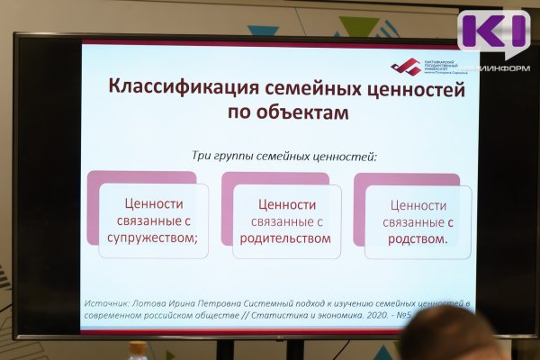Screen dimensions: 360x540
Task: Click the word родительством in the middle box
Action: click(286, 238)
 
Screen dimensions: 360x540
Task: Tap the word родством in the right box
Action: click(418, 238)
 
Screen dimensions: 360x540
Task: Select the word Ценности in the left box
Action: click(153, 204)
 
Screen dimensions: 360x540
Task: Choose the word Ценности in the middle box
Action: click(286, 204)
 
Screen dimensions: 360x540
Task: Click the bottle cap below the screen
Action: click(138, 347)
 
